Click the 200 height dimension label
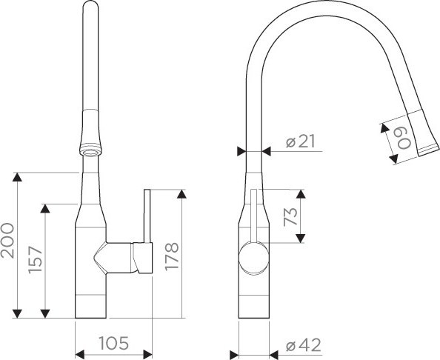tap(7, 241)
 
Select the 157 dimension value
tap(35, 259)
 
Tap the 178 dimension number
tap(171, 256)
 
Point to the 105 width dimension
tap(113, 343)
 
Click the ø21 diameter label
tap(301, 141)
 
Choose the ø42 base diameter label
tap(304, 345)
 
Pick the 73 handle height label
tap(290, 216)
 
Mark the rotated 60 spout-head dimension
tap(404, 139)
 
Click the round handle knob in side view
tap(253, 258)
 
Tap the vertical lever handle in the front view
tap(147, 216)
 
